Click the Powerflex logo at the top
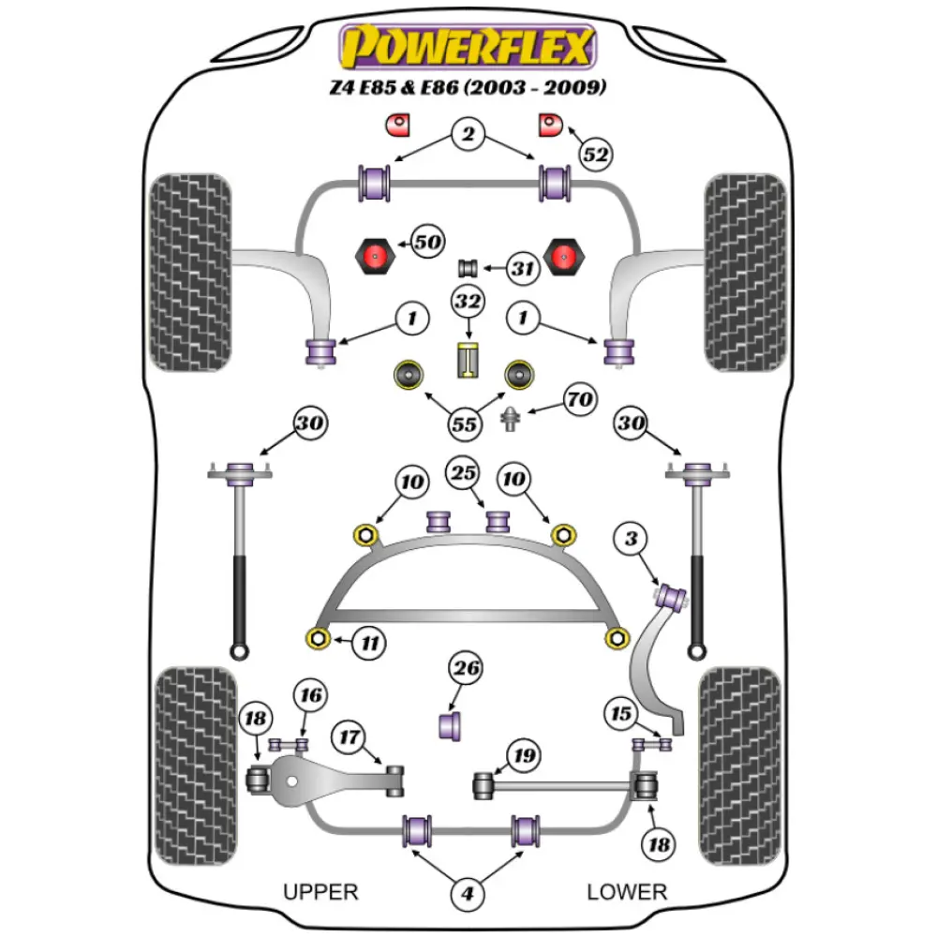(468, 47)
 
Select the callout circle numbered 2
(468, 135)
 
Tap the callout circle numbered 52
(594, 154)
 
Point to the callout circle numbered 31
(523, 270)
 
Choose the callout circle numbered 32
(468, 302)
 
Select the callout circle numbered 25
(464, 473)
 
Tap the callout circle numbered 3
(632, 539)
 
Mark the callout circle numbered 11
(370, 643)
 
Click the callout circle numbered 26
(466, 668)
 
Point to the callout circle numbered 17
(350, 737)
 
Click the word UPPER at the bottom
(320, 891)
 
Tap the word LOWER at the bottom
(626, 891)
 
